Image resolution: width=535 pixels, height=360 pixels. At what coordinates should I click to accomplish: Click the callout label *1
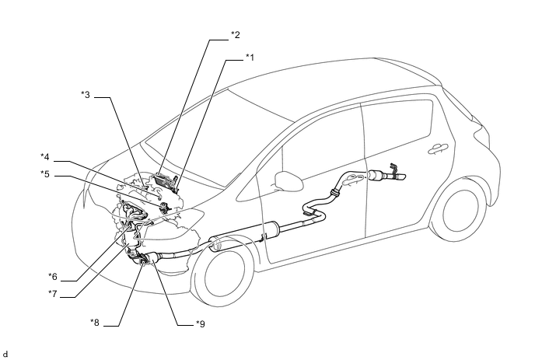tap(250, 58)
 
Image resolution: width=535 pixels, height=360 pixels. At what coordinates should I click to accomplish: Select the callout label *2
tap(236, 35)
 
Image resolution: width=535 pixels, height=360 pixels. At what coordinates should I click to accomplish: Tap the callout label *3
tap(86, 95)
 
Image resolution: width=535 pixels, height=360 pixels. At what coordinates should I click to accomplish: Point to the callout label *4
tap(45, 157)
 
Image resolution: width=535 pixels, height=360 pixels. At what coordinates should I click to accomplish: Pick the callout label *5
tap(45, 174)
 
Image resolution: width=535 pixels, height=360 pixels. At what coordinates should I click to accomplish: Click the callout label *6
tap(53, 276)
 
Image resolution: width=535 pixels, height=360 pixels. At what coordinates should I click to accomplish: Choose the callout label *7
tap(53, 293)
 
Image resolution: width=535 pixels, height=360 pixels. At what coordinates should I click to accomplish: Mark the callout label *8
tap(95, 323)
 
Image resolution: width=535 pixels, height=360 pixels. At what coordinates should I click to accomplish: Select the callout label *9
tap(201, 323)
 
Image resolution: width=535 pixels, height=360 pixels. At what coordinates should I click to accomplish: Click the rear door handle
tap(438, 149)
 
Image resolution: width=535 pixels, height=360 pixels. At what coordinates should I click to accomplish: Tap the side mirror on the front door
tap(289, 181)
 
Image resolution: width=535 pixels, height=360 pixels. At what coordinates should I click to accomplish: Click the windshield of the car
tap(219, 136)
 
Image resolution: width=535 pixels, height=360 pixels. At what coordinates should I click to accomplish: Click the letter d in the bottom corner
tap(5, 355)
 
